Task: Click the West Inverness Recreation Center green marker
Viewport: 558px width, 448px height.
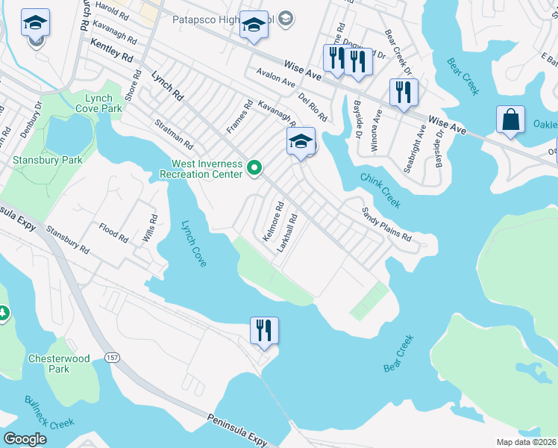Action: coord(254,168)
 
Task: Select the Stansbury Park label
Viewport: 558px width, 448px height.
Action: coord(38,160)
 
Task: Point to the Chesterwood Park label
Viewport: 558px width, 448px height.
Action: coord(59,364)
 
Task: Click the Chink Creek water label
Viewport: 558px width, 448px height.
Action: coord(381,190)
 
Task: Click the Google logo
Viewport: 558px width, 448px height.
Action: coord(25,439)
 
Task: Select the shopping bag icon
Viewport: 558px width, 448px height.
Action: coord(512,119)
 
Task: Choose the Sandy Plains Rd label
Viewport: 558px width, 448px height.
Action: coord(386,224)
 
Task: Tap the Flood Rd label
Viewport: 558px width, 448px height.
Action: coord(113,233)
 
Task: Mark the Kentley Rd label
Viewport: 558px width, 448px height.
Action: coord(111,52)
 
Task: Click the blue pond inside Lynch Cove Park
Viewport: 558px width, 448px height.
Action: coord(66,134)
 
